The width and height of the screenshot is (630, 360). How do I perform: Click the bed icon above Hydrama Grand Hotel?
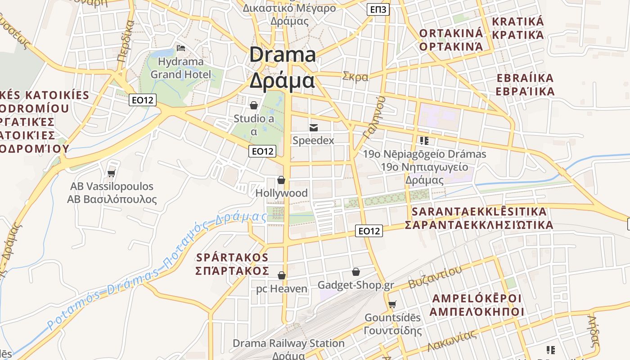tap(181, 48)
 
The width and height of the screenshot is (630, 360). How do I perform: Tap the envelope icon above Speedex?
tap(314, 128)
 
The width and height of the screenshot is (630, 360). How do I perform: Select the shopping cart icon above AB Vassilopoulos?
tap(112, 173)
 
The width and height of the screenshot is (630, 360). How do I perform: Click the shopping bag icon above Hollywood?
tap(281, 180)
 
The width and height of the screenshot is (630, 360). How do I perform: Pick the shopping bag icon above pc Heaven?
tap(282, 275)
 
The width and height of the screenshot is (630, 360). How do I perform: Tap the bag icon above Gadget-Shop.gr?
tap(356, 272)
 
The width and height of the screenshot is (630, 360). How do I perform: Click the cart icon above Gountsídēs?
tap(392, 305)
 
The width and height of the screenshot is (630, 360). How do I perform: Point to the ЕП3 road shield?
tap(378, 9)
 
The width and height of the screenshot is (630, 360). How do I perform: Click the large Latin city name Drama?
tap(283, 55)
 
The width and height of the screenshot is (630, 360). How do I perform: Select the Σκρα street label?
tap(355, 77)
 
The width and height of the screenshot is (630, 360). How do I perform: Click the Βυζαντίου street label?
tap(435, 277)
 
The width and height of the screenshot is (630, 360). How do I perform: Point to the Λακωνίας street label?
tap(452, 340)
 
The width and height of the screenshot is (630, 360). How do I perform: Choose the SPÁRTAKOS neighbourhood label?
tap(232, 257)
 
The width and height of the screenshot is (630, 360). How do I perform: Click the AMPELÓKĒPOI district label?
tap(477, 298)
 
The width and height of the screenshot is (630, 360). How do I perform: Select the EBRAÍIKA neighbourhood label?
tap(525, 78)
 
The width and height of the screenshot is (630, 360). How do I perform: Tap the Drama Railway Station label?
tap(288, 343)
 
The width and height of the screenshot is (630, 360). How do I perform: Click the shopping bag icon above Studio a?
tap(254, 106)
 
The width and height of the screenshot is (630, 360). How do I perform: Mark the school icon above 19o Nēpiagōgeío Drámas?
tap(423, 141)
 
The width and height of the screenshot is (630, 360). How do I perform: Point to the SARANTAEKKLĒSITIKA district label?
tap(479, 211)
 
